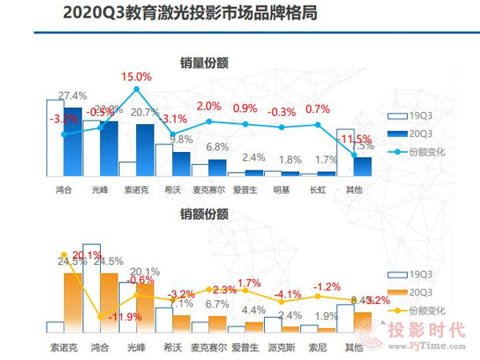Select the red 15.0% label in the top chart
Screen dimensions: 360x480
coord(137,76)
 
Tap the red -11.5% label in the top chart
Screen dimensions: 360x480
coord(358,138)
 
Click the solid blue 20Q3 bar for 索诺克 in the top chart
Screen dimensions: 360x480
coord(145,150)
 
